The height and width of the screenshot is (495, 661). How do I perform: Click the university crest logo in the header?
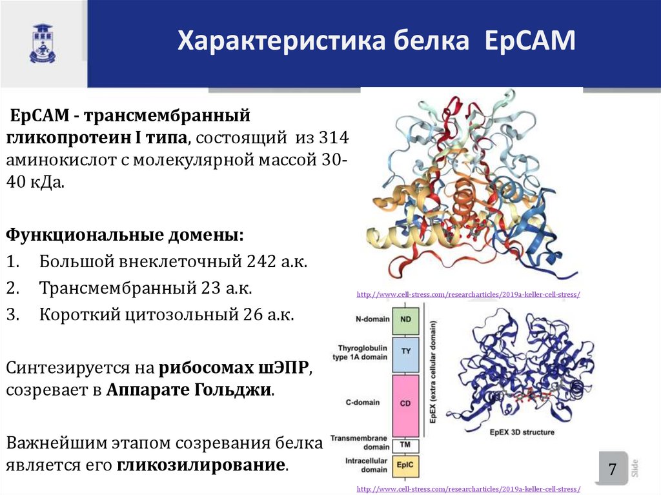pos(43,43)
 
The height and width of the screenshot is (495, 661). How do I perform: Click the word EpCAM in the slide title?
pos(532,41)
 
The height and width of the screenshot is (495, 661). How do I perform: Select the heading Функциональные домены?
pos(126,234)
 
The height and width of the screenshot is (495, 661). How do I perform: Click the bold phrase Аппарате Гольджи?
pos(190,390)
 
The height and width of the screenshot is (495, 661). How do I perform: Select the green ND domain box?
pos(406,319)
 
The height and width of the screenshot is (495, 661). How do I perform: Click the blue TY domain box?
pos(406,352)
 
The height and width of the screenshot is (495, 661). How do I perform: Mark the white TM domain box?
pos(406,445)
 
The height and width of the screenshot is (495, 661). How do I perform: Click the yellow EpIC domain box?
pos(406,465)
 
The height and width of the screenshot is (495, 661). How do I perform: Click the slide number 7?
pos(612,469)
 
